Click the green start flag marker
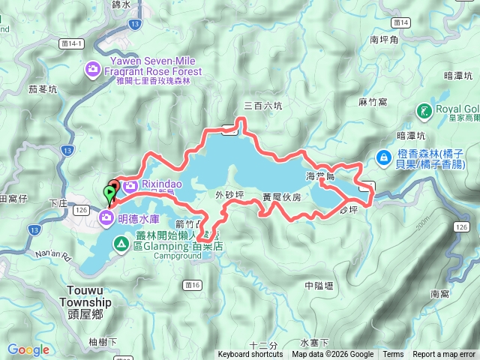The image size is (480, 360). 111,194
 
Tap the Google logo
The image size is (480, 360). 28,349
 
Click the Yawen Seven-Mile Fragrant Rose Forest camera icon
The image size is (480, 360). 94,70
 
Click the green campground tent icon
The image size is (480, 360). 121,243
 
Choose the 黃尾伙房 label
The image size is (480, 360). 281,197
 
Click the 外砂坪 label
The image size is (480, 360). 229,195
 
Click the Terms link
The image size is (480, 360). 392,355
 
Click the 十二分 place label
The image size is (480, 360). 263,345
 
